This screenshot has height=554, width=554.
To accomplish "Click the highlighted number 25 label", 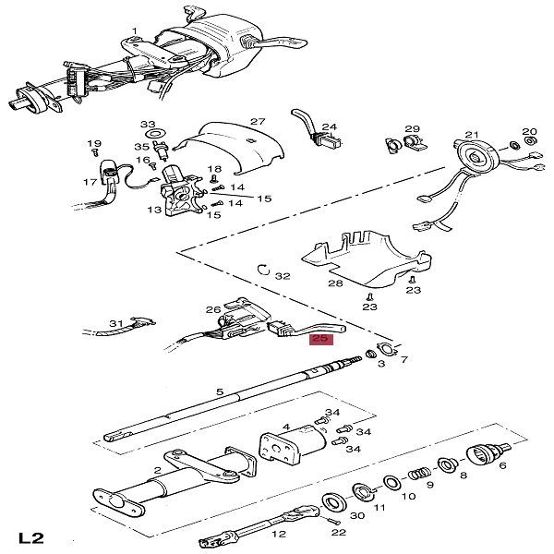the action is tap(321, 339).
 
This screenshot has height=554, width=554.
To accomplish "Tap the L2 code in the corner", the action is tap(31, 538).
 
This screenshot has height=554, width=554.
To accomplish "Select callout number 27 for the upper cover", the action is tap(258, 122).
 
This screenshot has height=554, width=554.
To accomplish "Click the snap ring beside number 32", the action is tap(263, 270).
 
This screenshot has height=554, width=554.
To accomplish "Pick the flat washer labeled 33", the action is tap(155, 134).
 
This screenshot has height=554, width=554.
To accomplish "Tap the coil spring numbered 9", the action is tap(420, 474).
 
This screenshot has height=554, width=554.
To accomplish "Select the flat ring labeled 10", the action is tap(391, 483).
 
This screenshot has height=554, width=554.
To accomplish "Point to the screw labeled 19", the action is tap(94, 152).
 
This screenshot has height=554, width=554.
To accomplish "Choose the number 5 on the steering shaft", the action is tap(220, 391).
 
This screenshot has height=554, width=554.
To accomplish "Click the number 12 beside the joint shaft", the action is tap(279, 534).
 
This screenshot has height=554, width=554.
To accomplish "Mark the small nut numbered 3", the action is tap(370, 354).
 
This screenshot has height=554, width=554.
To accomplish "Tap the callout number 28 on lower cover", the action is tap(335, 283).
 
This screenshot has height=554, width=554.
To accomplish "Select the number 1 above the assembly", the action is tap(135, 31).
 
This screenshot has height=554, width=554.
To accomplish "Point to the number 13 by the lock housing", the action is tap(154, 210).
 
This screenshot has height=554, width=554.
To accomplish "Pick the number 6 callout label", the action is tap(502, 465).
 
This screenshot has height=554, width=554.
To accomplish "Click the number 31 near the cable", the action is tap(116, 323).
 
